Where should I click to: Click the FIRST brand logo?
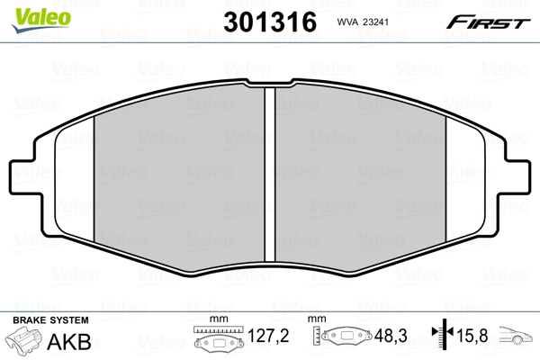490,22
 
